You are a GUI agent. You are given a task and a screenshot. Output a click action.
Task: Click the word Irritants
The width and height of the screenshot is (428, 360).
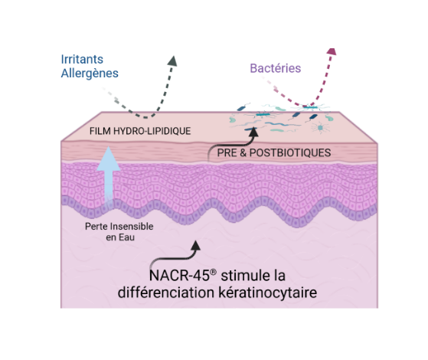click(x=82, y=59)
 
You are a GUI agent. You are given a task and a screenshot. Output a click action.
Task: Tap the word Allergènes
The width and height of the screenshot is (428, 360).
click(x=90, y=74)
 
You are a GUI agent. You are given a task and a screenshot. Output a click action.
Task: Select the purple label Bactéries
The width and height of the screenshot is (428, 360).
click(x=276, y=68)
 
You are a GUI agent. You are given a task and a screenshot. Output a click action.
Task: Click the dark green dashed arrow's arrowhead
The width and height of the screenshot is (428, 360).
click(x=172, y=61)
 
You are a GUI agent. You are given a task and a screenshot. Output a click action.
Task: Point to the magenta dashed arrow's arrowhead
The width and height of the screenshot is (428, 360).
click(x=332, y=51)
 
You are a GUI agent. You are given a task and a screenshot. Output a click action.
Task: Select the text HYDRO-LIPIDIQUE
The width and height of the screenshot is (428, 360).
click(x=152, y=131)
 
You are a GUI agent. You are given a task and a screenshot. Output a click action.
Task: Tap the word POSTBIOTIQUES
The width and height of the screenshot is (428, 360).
click(x=290, y=152)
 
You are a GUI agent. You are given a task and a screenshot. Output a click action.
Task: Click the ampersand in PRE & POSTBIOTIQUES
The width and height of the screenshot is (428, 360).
click(x=243, y=152)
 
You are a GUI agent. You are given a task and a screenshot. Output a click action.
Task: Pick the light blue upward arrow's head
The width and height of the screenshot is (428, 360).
click(x=109, y=159)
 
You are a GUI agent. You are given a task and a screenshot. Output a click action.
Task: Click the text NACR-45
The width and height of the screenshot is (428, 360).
click(x=179, y=276)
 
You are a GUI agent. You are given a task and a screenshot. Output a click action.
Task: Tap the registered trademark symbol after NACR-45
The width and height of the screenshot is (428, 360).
click(x=214, y=272)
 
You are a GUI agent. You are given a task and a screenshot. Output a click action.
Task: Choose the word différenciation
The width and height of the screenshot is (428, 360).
click(x=166, y=293)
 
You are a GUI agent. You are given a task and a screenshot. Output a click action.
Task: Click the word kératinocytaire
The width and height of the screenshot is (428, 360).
click(x=268, y=293)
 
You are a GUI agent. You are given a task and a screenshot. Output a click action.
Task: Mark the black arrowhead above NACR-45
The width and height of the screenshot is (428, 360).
click(x=195, y=245)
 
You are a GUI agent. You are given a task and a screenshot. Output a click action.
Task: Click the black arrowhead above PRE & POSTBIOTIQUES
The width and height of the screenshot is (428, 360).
click(x=253, y=132)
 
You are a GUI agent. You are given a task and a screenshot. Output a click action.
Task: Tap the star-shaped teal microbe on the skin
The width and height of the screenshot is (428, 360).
click(x=320, y=128)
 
